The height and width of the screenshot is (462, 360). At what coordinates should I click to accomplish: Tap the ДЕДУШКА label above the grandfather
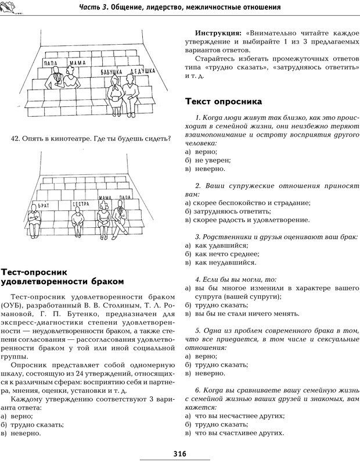(142, 70)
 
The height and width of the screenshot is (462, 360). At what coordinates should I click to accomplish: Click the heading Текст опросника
(224, 102)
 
